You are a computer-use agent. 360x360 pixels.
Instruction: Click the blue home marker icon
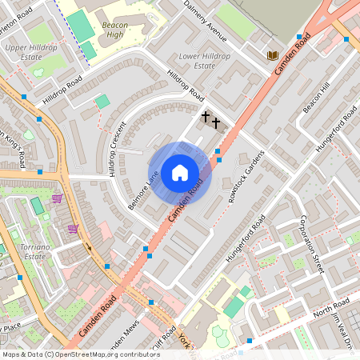pos(180,173)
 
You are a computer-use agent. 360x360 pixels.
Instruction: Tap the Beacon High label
pos(115,30)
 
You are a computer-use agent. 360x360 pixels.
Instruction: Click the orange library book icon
pos(273,54)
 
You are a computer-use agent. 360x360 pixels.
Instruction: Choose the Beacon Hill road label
pos(316,98)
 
